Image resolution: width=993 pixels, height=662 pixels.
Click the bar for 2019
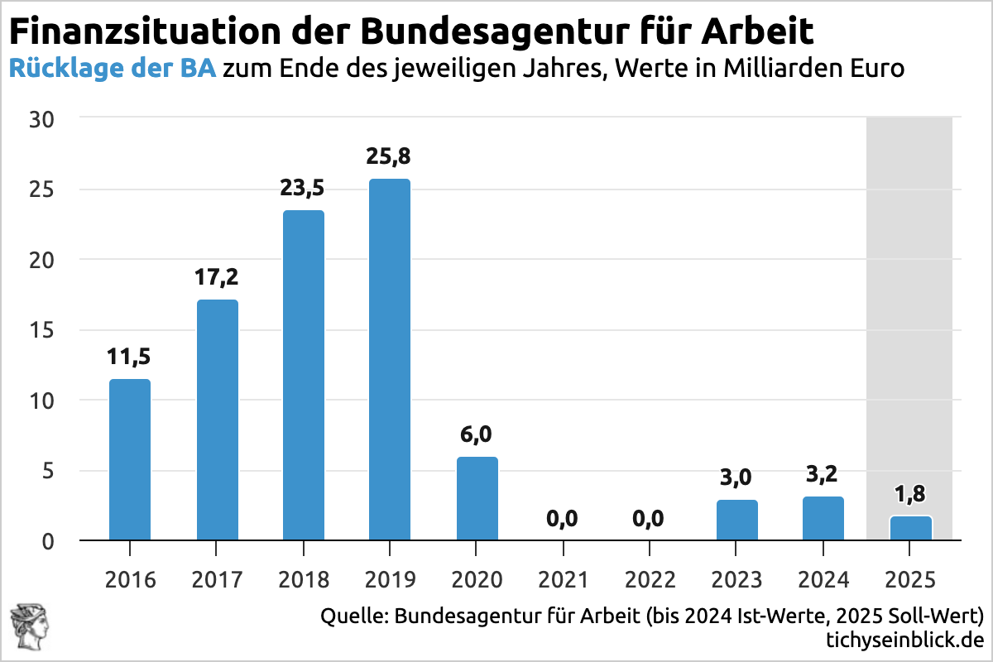[389, 360]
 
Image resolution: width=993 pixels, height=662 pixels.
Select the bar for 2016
[130, 460]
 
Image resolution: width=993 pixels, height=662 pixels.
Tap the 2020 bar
[477, 499]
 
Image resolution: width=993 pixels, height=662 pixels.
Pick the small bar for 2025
[910, 528]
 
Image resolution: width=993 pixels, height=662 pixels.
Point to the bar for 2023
[736, 520]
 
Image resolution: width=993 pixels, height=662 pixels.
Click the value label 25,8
[389, 156]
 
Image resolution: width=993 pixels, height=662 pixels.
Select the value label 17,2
[217, 276]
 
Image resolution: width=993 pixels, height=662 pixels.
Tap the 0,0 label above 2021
[562, 520]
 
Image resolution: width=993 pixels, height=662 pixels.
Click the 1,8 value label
[910, 494]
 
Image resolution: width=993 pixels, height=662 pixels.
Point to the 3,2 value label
[823, 475]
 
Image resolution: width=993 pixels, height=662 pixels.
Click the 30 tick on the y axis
[43, 119]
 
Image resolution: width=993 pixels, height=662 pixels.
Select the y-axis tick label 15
[43, 330]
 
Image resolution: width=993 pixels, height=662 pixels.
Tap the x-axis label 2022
[650, 579]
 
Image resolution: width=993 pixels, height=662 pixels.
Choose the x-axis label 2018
[304, 579]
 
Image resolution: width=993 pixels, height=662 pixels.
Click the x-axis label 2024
[823, 579]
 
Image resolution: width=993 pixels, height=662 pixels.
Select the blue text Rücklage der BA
[113, 69]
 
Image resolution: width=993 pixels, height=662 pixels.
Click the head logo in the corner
[26, 625]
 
